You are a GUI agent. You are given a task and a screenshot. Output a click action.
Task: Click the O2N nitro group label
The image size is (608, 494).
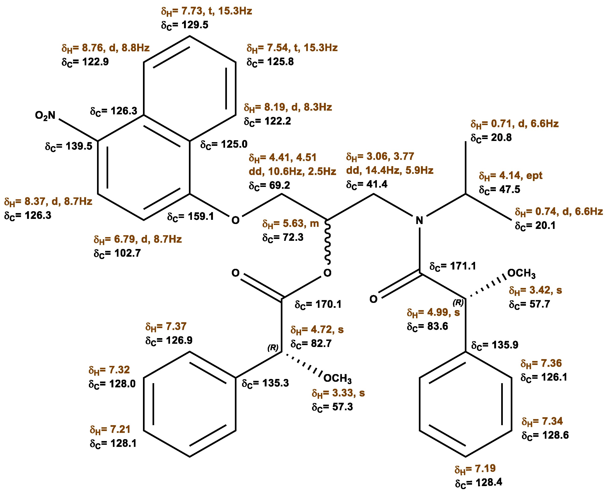click(45, 116)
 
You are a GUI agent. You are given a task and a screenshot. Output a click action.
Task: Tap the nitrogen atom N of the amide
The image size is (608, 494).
click(419, 220)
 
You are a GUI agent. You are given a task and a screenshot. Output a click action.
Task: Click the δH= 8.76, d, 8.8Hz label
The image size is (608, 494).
click(105, 48)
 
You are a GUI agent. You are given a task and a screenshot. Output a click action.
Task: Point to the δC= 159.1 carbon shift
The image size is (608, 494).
click(190, 217)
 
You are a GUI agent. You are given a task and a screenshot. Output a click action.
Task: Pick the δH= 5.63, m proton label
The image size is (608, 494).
click(290, 224)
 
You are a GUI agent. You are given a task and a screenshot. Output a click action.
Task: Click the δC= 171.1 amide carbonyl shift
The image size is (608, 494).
click(452, 266)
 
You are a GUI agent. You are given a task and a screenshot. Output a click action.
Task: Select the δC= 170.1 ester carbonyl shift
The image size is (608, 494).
click(318, 305)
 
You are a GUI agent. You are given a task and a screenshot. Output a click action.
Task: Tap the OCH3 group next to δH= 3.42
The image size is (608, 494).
click(521, 273)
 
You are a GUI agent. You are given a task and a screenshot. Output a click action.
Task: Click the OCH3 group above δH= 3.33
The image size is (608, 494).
click(337, 378)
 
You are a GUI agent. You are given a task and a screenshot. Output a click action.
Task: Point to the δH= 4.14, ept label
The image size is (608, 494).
click(511, 175)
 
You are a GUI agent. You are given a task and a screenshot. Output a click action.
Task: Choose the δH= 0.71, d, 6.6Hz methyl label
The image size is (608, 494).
click(514, 124)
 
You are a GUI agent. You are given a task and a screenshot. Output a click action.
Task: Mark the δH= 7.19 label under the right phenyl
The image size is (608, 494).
click(475, 468)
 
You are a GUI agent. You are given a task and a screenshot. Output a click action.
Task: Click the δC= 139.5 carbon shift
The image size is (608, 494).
click(69, 146)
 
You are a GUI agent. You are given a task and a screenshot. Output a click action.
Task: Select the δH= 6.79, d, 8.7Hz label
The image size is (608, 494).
click(138, 239)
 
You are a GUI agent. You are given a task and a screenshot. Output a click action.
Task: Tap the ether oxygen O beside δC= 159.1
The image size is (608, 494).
click(235, 220)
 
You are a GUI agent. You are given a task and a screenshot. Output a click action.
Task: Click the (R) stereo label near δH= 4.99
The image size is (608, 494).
click(458, 302)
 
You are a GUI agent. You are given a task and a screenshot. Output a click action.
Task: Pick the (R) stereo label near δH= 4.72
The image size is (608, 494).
click(273, 347)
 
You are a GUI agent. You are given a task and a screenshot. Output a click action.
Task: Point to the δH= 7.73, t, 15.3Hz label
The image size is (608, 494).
click(206, 11)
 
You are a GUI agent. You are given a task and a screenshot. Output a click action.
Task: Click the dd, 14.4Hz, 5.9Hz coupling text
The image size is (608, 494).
click(390, 170)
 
